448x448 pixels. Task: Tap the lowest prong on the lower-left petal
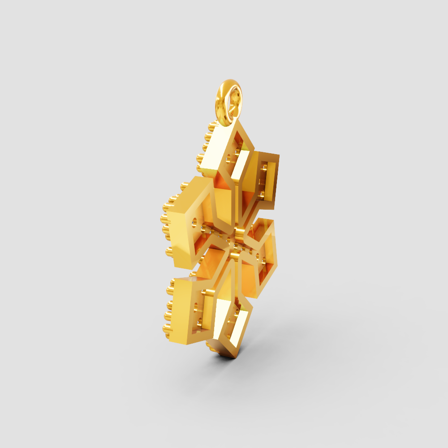tap(168, 334)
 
